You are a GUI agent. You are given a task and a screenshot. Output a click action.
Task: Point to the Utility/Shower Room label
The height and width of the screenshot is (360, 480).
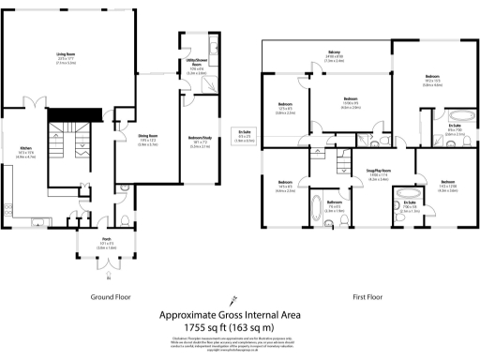point(197,64)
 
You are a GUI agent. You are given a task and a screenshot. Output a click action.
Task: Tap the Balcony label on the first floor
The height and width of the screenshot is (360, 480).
point(334,51)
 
